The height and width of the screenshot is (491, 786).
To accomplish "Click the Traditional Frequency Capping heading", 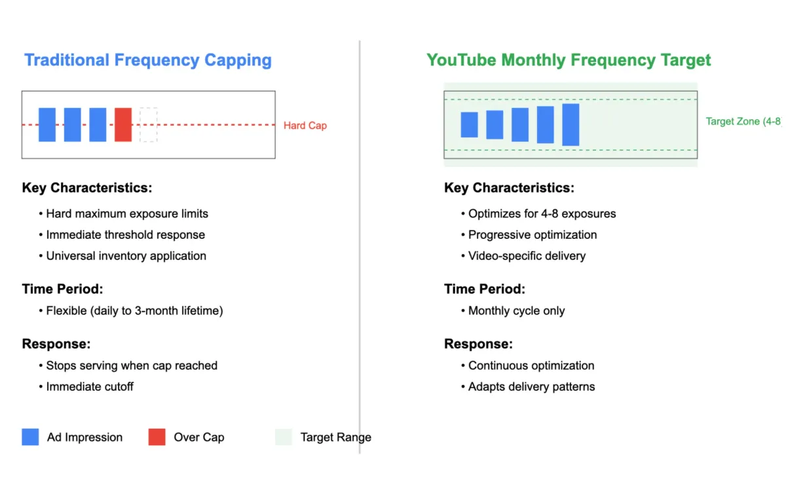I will (x=148, y=60).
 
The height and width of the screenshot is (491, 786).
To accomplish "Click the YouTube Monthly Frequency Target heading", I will (x=569, y=60).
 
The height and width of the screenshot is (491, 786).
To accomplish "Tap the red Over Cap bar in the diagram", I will (x=123, y=124).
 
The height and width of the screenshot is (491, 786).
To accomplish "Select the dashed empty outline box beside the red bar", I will (x=149, y=124).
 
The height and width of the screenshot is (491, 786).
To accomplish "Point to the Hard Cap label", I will (x=305, y=125).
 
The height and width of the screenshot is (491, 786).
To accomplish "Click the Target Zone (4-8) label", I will (x=743, y=121).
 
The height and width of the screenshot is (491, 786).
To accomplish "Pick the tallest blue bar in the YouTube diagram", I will (x=571, y=124).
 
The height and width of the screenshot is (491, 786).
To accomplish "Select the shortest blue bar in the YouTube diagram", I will (x=469, y=124).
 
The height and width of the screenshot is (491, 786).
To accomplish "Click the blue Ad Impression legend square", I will (x=30, y=437).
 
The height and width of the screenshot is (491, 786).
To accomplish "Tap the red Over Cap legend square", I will (x=157, y=437).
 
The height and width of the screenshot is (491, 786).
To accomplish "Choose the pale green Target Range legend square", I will (x=284, y=437).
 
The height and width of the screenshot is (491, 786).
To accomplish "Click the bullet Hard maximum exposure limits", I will (x=127, y=213).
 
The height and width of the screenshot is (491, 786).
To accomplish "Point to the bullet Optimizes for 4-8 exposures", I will (x=542, y=213).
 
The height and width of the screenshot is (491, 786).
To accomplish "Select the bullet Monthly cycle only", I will (x=516, y=310).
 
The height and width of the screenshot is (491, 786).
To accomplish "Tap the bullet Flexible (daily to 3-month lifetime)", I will (x=134, y=310).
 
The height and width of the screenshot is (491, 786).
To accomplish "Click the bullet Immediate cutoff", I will (x=90, y=386).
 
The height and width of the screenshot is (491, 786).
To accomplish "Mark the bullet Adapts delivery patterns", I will (x=531, y=386).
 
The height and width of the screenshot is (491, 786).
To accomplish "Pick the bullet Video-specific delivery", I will (x=527, y=255).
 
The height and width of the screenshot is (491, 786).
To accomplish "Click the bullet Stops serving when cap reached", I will (x=132, y=365).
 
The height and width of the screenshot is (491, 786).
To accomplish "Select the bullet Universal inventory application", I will (x=126, y=255).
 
